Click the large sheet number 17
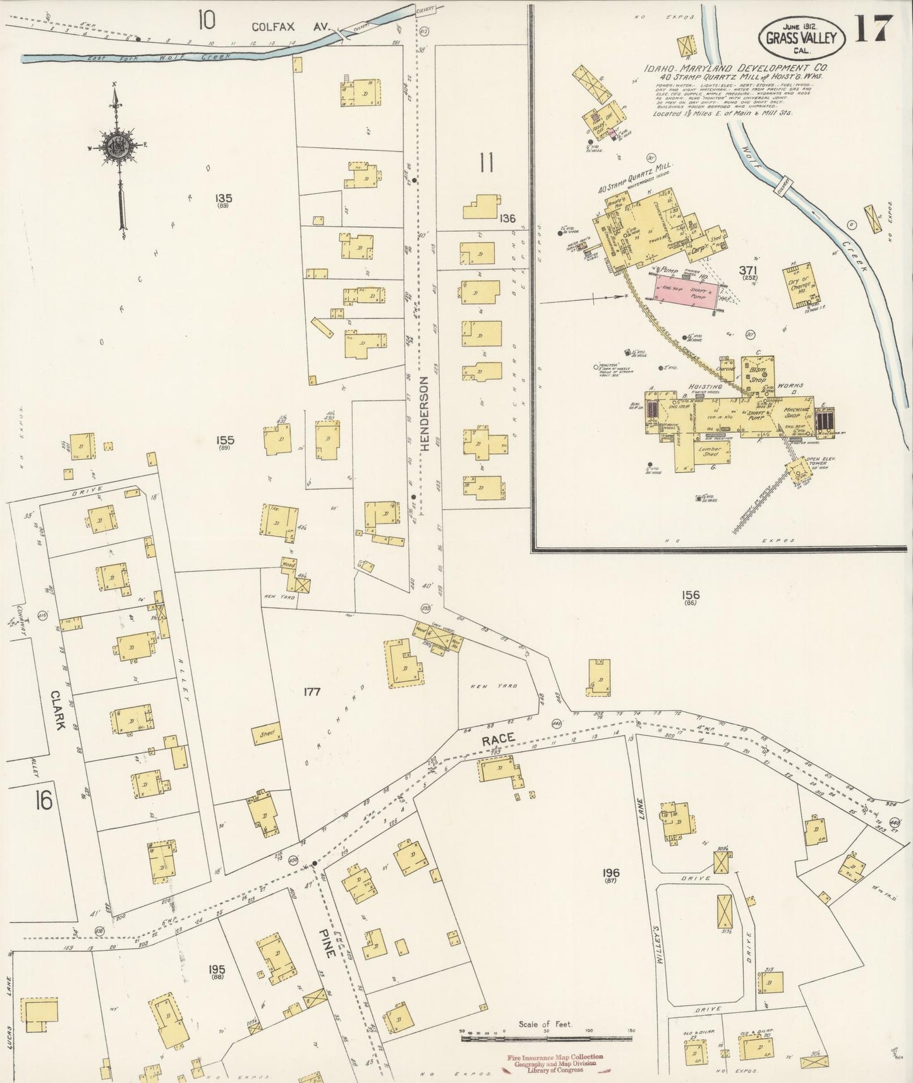pyautogui.click(x=875, y=28)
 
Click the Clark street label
pyautogui.click(x=59, y=709)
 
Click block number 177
pyautogui.click(x=311, y=692)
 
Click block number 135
pyautogui.click(x=223, y=198)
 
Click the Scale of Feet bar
pyautogui.click(x=546, y=1038)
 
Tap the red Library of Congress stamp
pyautogui.click(x=555, y=1063)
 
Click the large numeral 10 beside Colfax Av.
pyautogui.click(x=206, y=21)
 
